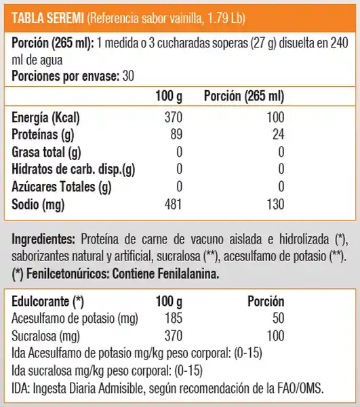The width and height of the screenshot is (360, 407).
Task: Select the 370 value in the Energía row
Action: pyautogui.click(x=175, y=117)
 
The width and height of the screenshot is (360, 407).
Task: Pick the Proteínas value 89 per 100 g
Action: pyautogui.click(x=178, y=134)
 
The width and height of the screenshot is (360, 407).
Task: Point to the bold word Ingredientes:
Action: pyautogui.click(x=43, y=239)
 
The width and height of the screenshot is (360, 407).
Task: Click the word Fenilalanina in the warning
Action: pyautogui.click(x=184, y=274)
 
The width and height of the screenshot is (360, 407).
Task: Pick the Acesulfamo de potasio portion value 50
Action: pyautogui.click(x=277, y=319)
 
